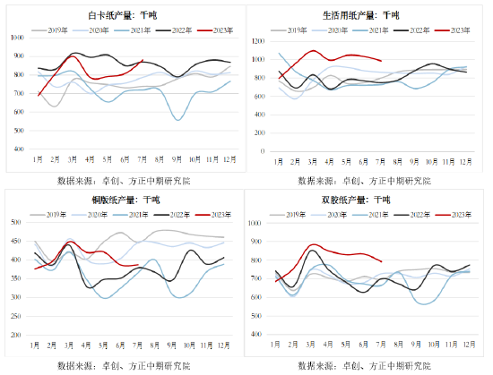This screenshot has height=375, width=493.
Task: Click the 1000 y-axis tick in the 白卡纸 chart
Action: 17,38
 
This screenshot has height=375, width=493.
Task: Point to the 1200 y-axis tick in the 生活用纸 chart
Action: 259,42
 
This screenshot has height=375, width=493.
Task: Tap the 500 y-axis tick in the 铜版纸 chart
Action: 17,222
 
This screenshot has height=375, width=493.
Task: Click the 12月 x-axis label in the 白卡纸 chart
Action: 229,158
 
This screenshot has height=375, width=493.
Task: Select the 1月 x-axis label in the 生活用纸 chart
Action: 280,161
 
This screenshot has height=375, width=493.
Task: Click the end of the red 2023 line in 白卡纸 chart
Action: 143,61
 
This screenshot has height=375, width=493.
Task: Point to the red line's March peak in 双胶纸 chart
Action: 314,244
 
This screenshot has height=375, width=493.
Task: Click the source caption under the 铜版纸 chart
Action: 125,365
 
